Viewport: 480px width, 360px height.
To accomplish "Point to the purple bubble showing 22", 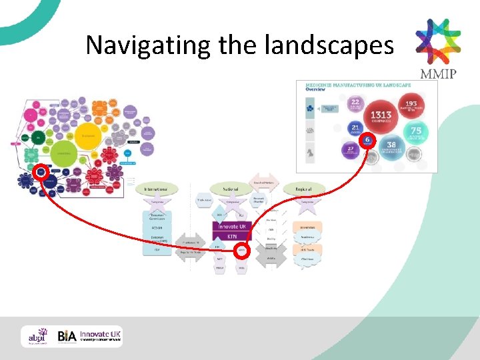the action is tap(355, 103).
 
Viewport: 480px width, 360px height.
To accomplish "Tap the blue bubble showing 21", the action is tap(355, 128).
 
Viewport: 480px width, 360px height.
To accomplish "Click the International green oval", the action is tap(157, 189).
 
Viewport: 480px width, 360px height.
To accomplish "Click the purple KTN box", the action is tap(233, 236).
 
